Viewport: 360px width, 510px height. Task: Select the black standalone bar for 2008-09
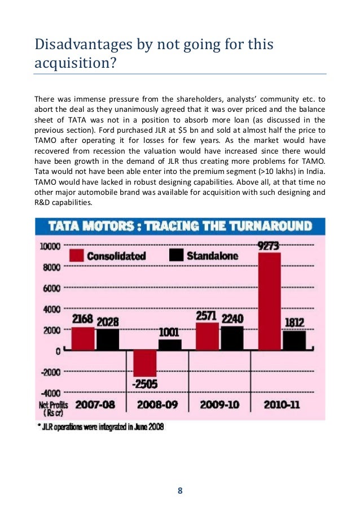170,345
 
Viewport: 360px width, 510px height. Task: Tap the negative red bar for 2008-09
145,363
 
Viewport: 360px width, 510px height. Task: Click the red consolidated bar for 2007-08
83,339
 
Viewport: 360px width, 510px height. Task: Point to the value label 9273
269,246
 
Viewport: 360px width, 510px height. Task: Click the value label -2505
145,385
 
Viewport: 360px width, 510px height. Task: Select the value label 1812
294,323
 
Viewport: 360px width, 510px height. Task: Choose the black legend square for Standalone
176,255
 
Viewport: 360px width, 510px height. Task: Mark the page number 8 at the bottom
179,490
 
